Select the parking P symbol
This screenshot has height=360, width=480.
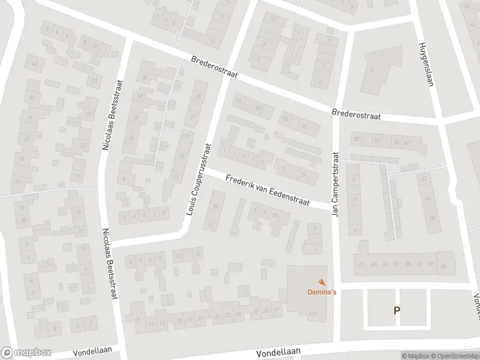tap(396, 310)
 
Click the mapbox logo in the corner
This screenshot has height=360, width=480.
tap(26, 353)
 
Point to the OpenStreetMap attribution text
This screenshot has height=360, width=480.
tap(454, 356)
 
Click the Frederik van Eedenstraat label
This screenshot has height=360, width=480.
tap(267, 191)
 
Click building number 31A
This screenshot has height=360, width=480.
tap(313, 313)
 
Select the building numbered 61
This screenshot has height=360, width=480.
tap(361, 263)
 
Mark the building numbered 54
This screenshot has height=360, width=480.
tap(443, 266)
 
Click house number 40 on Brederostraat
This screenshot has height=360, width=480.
tap(406, 143)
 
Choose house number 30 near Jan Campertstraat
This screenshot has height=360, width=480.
tap(356, 139)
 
